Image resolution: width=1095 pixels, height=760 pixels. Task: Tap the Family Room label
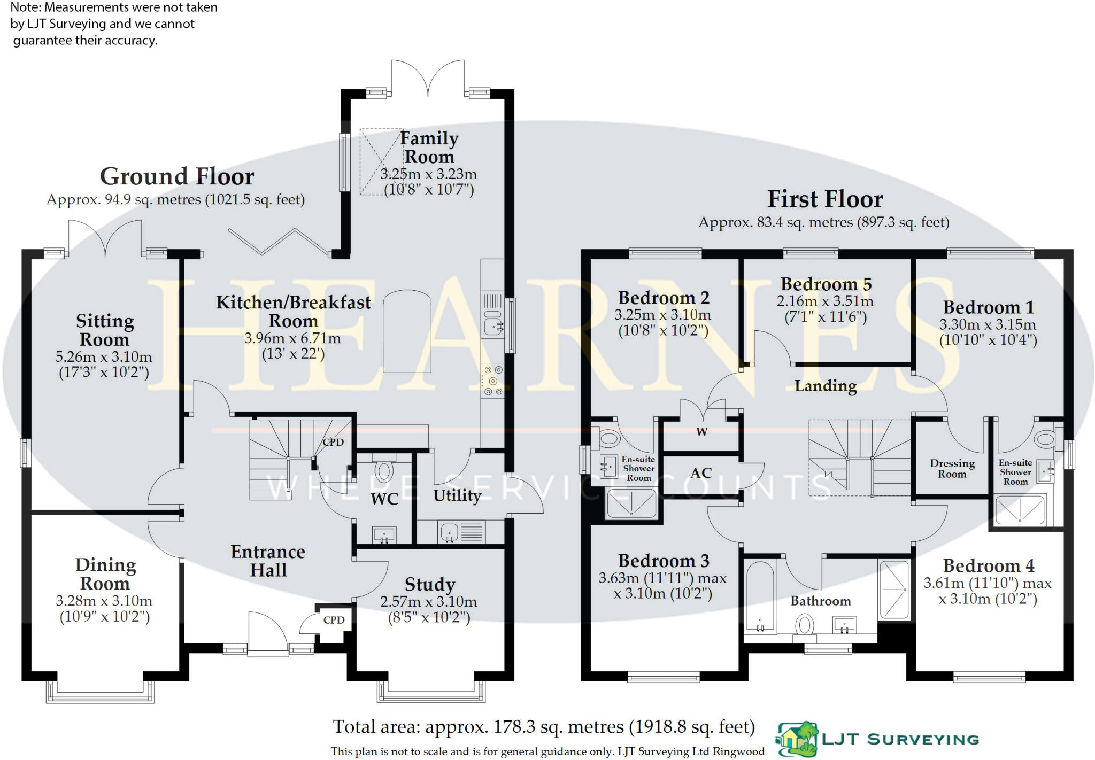tap(429, 148)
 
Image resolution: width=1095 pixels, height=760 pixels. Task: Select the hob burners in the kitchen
tap(492, 381)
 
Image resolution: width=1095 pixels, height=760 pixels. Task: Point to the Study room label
tap(429, 584)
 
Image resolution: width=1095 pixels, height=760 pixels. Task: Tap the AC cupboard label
tap(701, 473)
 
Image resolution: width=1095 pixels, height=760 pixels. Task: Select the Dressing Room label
tap(952, 469)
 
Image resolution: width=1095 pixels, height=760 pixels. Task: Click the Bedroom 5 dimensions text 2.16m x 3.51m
tap(825, 301)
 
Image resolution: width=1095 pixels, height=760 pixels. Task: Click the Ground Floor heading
tap(177, 176)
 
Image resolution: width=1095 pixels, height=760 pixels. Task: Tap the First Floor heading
tap(824, 199)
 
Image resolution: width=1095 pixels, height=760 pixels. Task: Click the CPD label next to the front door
tap(334, 620)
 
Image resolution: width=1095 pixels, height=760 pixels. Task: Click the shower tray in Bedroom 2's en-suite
tap(631, 503)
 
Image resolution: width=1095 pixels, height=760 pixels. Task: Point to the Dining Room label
tap(105, 574)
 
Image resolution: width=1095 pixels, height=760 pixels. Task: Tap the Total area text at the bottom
tap(544, 727)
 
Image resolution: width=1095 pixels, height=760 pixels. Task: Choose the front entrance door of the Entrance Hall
tap(267, 636)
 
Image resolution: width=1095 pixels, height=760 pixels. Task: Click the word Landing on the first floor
tap(825, 386)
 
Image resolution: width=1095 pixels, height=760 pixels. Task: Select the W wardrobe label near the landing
tap(701, 432)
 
